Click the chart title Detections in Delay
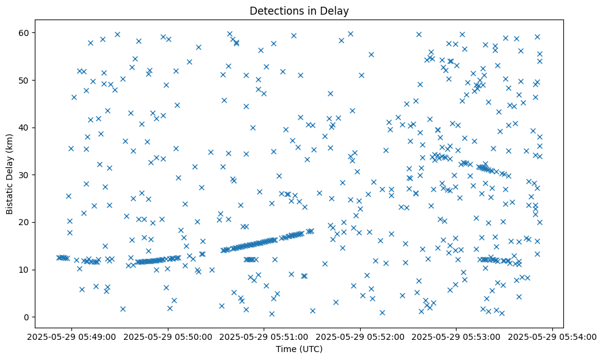click(x=298, y=10)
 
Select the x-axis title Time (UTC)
click(x=298, y=349)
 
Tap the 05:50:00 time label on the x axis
click(x=168, y=336)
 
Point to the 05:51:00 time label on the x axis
click(x=264, y=336)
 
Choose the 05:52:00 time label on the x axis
click(x=361, y=336)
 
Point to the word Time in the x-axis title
click(x=285, y=349)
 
